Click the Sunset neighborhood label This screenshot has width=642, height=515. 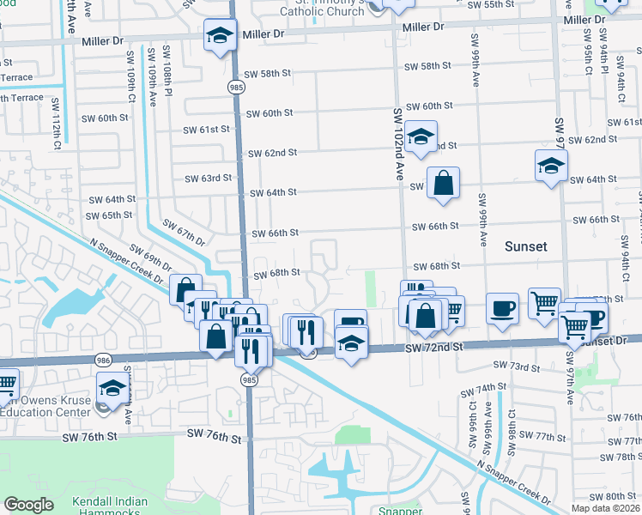coord(524,246)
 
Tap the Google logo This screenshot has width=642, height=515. coord(28,505)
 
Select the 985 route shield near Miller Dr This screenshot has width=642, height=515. coord(234,88)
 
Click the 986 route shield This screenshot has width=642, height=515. coord(104,363)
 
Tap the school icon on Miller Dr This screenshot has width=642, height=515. coord(220,37)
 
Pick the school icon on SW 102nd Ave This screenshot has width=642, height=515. coord(421,136)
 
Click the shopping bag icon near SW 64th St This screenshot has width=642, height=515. coord(443,183)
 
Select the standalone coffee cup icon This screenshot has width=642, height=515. coord(502,306)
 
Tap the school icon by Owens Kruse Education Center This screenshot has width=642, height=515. coord(113,388)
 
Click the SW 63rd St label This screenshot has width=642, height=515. coord(209,179)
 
